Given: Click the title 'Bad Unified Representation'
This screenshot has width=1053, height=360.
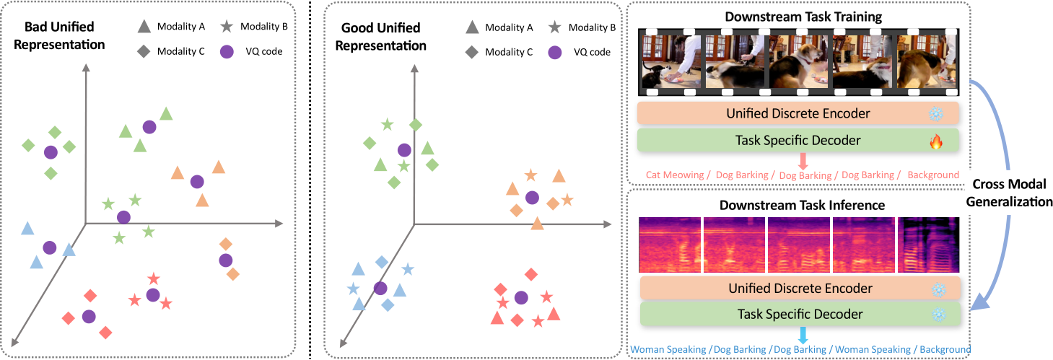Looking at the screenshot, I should tap(64, 36).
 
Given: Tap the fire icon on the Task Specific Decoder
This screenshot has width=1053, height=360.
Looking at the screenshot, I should tap(936, 141).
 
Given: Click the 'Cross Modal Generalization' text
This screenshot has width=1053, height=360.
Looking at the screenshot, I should tap(1011, 193).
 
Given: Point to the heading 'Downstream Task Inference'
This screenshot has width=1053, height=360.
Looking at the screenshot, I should tap(802, 205).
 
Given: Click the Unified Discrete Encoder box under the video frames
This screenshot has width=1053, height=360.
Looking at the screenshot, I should tap(798, 113).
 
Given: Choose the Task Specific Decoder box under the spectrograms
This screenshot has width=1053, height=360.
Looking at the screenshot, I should tap(799, 314).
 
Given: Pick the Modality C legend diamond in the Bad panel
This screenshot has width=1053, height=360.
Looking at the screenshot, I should tap(143, 52).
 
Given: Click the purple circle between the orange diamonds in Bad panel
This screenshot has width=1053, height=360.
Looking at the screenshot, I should tap(225, 260).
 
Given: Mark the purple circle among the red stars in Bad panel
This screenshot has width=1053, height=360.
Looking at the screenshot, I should tap(152, 294).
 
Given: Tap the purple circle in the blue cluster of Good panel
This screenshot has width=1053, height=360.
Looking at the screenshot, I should tap(380, 288).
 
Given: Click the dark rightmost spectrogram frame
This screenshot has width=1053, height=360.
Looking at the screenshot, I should tap(927, 246).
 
